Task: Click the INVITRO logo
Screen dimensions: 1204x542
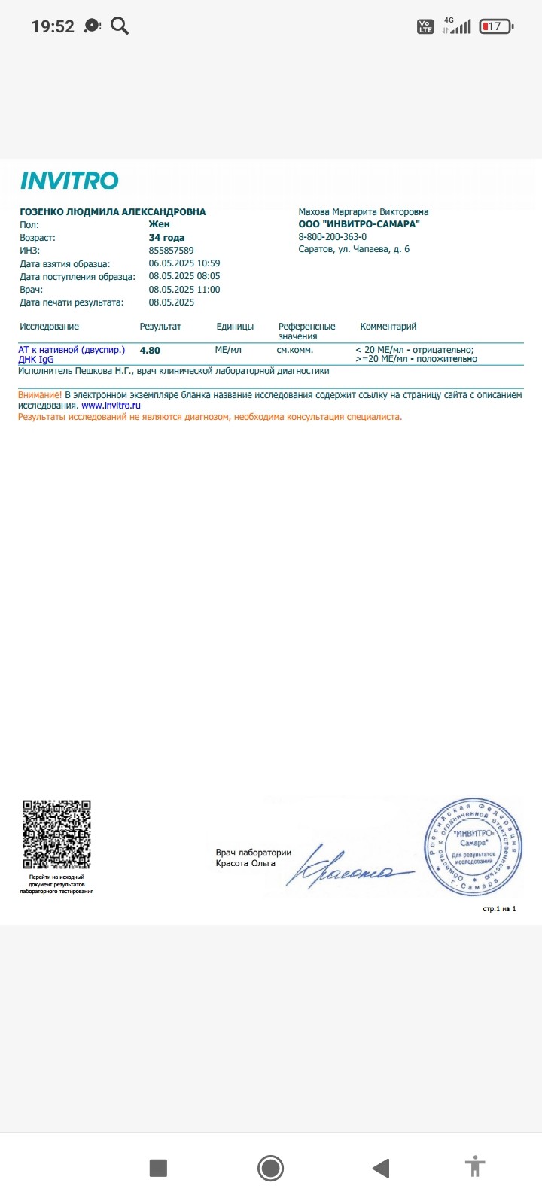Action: point(69,181)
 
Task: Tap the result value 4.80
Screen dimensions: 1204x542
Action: point(150,351)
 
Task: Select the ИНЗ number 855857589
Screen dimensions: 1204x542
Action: point(171,251)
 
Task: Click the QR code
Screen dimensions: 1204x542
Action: point(56,835)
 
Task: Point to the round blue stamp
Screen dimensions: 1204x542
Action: point(473,847)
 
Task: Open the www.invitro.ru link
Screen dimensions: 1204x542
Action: point(111,406)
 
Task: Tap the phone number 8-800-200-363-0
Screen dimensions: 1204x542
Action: point(333,237)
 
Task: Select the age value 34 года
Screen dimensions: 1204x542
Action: point(166,238)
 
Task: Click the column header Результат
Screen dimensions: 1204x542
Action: point(160,327)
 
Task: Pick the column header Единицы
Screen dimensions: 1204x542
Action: point(235,327)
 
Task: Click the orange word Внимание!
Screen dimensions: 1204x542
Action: point(40,394)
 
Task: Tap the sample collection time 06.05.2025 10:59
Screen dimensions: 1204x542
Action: point(184,263)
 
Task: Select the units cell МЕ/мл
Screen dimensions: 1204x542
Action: point(228,350)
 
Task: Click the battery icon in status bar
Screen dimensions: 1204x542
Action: point(496,26)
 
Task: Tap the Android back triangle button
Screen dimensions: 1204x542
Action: point(381,1168)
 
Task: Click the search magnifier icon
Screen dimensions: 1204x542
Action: point(120,26)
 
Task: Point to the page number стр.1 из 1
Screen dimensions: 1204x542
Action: point(499,909)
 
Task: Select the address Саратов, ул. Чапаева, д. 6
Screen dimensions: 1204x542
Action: point(354,249)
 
